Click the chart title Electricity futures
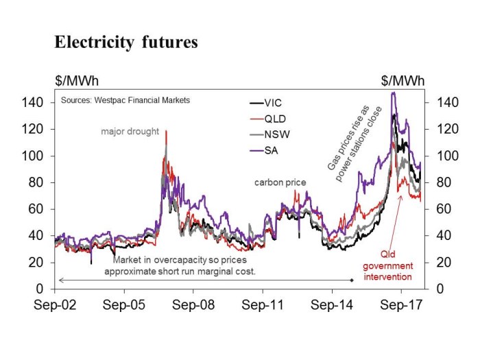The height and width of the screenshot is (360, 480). (126, 43)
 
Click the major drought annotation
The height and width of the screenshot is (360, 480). (130, 130)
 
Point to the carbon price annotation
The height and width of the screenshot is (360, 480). (280, 182)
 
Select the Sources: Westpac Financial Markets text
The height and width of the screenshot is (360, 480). (125, 100)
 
